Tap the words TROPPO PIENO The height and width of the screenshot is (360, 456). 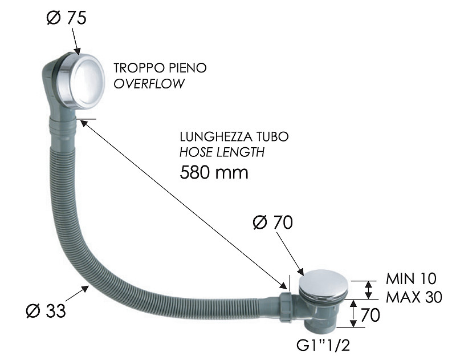160,68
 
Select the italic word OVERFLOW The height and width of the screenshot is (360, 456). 149,83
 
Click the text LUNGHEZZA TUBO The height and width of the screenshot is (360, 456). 234,137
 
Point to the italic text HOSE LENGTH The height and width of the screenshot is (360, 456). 222,153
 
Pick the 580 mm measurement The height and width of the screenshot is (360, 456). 214,172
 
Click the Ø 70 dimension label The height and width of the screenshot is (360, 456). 272,223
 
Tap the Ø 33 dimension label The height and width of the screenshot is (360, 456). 46,311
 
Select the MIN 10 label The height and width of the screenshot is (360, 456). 411,279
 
